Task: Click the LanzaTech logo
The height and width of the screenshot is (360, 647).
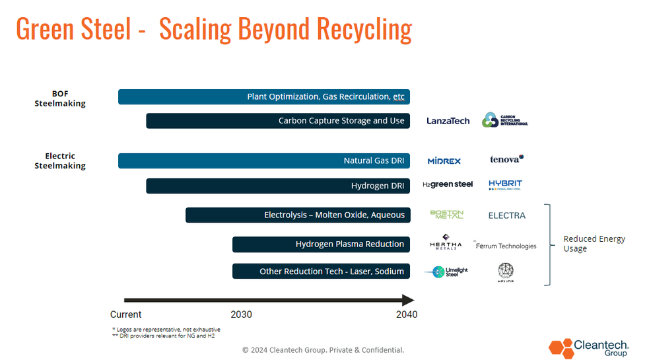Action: tap(448, 121)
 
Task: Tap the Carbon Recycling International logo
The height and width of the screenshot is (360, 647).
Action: tap(504, 120)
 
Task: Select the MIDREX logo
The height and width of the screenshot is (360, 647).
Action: tap(444, 161)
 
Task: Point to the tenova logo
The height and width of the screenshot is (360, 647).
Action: tap(506, 159)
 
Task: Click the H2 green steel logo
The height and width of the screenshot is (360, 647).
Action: tap(448, 185)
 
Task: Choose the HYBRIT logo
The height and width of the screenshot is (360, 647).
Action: tap(505, 185)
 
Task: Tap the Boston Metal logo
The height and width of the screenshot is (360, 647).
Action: tap(447, 215)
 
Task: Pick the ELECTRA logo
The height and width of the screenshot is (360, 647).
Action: tap(506, 215)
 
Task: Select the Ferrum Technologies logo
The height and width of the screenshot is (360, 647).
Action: tap(505, 246)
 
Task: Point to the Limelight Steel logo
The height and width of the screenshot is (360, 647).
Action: tap(446, 271)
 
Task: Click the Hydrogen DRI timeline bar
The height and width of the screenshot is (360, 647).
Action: tap(278, 186)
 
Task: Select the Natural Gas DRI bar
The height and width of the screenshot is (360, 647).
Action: tap(264, 161)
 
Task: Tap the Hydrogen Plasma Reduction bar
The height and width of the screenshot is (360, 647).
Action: tap(321, 244)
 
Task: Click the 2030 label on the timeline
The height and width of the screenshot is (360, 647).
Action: tap(241, 314)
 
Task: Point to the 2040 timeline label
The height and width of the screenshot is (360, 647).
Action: tap(407, 314)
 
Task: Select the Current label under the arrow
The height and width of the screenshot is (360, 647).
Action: tap(125, 314)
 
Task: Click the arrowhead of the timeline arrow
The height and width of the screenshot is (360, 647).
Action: tap(409, 300)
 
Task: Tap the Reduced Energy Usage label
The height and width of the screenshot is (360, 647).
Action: tap(594, 244)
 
